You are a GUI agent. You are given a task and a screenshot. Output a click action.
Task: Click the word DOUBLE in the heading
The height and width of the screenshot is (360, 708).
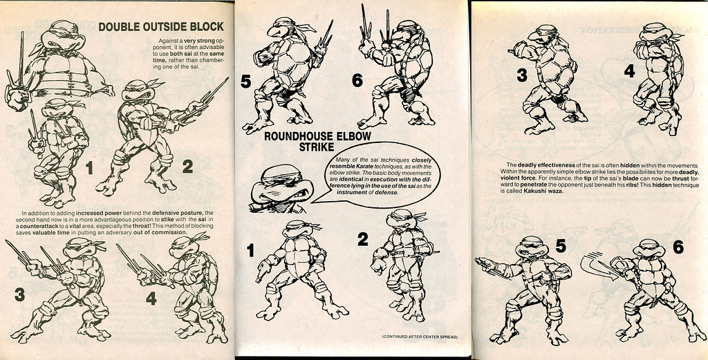point(118,27)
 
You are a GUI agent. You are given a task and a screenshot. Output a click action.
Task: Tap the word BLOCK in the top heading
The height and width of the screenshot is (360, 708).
point(205,27)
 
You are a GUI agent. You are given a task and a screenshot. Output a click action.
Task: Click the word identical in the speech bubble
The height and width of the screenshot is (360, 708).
point(357,189)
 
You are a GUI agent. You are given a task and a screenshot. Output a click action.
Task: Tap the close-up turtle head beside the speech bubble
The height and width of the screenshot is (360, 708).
point(276,189)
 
